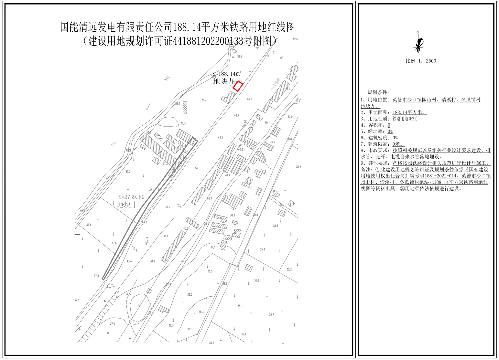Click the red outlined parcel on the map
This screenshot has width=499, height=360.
click(x=238, y=86)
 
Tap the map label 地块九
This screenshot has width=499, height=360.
click(x=223, y=81)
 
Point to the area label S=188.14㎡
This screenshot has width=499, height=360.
click(x=227, y=74)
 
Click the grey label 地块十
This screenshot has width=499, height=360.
click(x=127, y=205)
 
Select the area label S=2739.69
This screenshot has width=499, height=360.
click(x=131, y=197)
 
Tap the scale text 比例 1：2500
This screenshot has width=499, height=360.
click(x=421, y=61)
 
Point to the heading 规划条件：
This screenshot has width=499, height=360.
click(x=379, y=93)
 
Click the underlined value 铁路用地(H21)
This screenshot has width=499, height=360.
click(x=405, y=119)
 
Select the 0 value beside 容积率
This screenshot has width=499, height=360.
click(x=389, y=125)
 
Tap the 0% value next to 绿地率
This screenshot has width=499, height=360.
click(x=390, y=132)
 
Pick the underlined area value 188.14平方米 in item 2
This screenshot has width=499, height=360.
click(x=409, y=112)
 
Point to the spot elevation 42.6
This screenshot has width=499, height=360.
click(x=295, y=39)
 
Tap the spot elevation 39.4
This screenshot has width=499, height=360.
click(x=240, y=57)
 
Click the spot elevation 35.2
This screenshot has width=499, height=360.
click(x=298, y=167)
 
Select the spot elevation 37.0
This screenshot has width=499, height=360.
click(x=290, y=117)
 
